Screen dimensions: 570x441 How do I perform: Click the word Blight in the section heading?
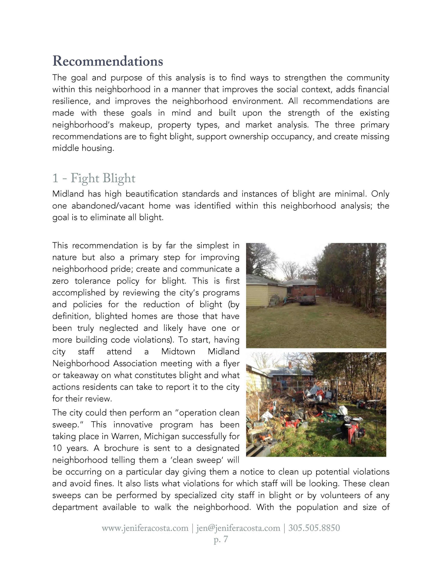coord(119,178)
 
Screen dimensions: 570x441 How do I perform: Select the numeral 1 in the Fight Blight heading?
coord(55,178)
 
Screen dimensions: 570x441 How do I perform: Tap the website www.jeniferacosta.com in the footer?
coord(145,528)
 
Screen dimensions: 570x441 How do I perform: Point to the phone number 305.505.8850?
coord(314,528)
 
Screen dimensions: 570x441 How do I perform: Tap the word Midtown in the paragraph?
coord(178,352)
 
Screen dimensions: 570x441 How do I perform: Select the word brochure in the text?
coord(121,448)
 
